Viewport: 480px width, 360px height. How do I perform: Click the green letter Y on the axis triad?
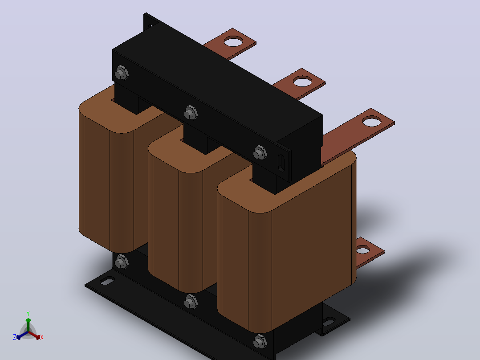click(28, 313)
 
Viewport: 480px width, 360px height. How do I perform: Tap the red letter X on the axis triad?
click(42, 337)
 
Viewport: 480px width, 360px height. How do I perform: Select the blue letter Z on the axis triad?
click(15, 337)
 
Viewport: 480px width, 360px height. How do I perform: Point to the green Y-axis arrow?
click(28, 325)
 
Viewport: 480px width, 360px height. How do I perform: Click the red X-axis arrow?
click(34, 335)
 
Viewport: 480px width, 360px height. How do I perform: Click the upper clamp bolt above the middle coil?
click(191, 113)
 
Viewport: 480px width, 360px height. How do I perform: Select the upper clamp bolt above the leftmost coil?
click(122, 73)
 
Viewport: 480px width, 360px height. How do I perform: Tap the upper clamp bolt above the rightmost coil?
click(260, 152)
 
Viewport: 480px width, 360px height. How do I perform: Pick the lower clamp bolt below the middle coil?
click(191, 302)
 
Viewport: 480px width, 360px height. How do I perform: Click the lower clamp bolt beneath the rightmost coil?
click(260, 341)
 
